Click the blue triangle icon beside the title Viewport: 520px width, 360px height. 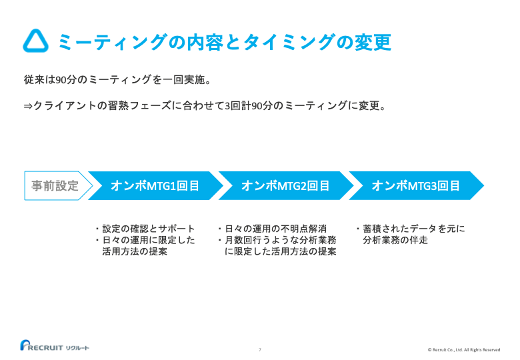pyautogui.click(x=35, y=41)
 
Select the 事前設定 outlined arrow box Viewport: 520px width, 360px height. pyautogui.click(x=55, y=185)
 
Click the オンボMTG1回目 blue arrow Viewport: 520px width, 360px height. pyautogui.click(x=155, y=186)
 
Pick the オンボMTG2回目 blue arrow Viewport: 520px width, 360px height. pyautogui.click(x=285, y=186)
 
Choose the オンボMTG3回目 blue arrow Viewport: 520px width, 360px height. pyautogui.click(x=416, y=186)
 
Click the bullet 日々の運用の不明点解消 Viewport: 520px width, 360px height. pyautogui.click(x=275, y=229)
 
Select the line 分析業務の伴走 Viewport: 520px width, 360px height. pyautogui.click(x=395, y=240)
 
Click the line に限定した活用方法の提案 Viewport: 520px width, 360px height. pyautogui.click(x=280, y=251)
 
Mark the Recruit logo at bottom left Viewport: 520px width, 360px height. pyautogui.click(x=53, y=346)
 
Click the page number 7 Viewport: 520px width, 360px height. pyautogui.click(x=259, y=349)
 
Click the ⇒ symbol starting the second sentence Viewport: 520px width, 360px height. pyautogui.click(x=28, y=105)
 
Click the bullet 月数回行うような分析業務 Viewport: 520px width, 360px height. pyautogui.click(x=280, y=240)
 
